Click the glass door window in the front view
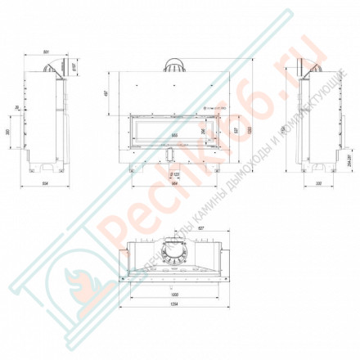click(173, 127)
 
